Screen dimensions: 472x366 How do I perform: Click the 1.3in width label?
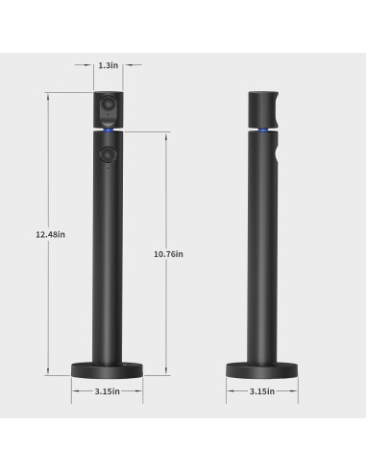(108, 66)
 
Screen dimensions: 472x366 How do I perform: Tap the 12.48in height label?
(50, 234)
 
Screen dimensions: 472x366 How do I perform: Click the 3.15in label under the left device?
(108, 390)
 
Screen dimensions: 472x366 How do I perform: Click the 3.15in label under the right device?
(261, 390)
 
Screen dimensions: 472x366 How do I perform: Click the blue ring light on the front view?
(108, 130)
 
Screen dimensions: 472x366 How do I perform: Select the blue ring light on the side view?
(261, 130)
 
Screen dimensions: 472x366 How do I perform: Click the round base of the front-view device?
(108, 368)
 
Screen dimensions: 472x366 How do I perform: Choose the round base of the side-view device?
(261, 368)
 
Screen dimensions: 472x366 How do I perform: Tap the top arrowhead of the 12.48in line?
(48, 93)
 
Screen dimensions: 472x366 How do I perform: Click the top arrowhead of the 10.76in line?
(165, 133)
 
